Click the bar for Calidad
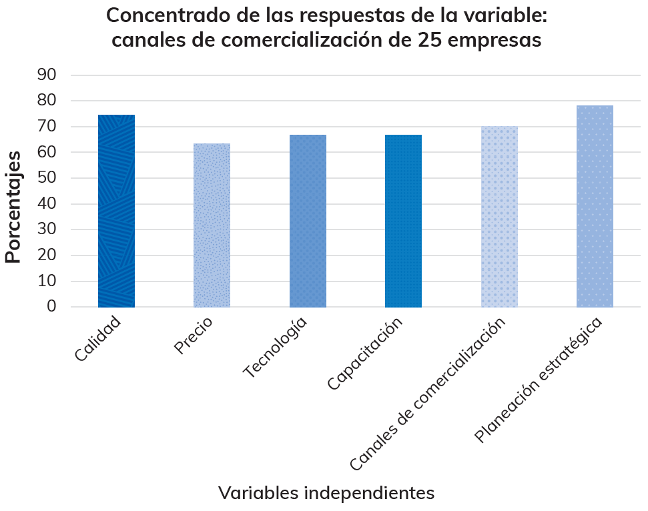click(x=116, y=211)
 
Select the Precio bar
click(x=212, y=225)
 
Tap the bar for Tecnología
click(x=308, y=221)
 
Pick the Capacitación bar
click(x=403, y=221)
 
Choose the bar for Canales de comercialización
click(x=499, y=217)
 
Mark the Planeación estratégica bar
click(x=595, y=206)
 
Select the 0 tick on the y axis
click(x=51, y=307)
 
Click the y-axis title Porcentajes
click(x=13, y=207)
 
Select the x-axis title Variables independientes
click(x=326, y=493)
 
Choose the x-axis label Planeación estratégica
click(x=539, y=379)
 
